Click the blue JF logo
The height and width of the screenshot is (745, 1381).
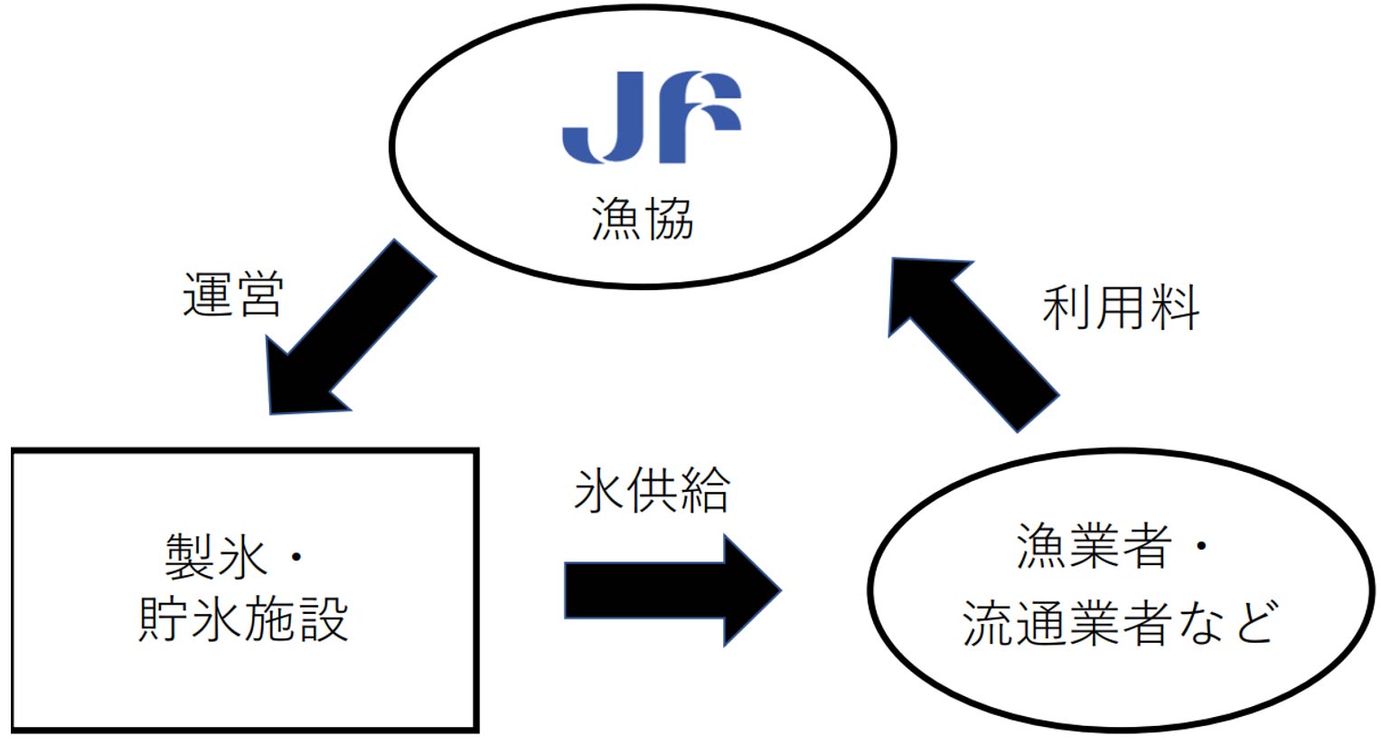click(x=651, y=118)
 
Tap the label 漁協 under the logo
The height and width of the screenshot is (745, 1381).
click(x=643, y=220)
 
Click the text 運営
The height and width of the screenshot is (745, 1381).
click(x=232, y=295)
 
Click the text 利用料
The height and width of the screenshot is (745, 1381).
click(x=1121, y=308)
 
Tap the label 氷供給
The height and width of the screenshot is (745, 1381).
click(x=652, y=492)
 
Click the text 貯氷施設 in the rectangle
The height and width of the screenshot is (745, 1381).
click(x=243, y=621)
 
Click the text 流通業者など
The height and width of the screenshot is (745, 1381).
click(x=1121, y=622)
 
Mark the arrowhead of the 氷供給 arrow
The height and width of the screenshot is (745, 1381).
click(x=750, y=590)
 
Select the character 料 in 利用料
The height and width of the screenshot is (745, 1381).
click(x=1173, y=308)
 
